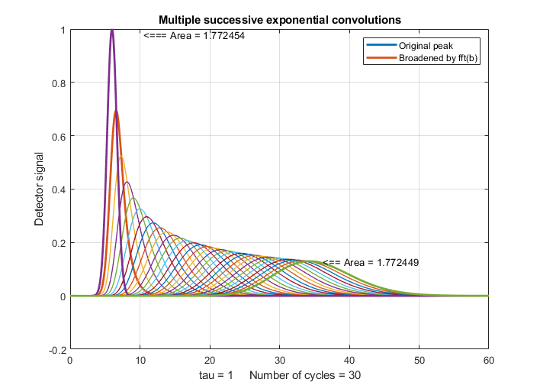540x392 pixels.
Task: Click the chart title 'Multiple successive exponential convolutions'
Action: pyautogui.click(x=279, y=19)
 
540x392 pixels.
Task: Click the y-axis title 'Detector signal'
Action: pyautogui.click(x=39, y=190)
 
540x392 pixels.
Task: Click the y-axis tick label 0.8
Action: pyautogui.click(x=57, y=83)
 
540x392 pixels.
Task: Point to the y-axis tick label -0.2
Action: pyautogui.click(x=56, y=349)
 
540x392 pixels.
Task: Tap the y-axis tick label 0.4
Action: pyautogui.click(x=57, y=190)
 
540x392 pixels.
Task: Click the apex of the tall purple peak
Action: pyautogui.click(x=112, y=30)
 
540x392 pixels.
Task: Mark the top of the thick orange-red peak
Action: pyautogui.click(x=116, y=111)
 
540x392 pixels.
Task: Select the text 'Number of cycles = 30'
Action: pyautogui.click(x=304, y=376)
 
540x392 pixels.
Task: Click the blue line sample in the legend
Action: pyautogui.click(x=383, y=46)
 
